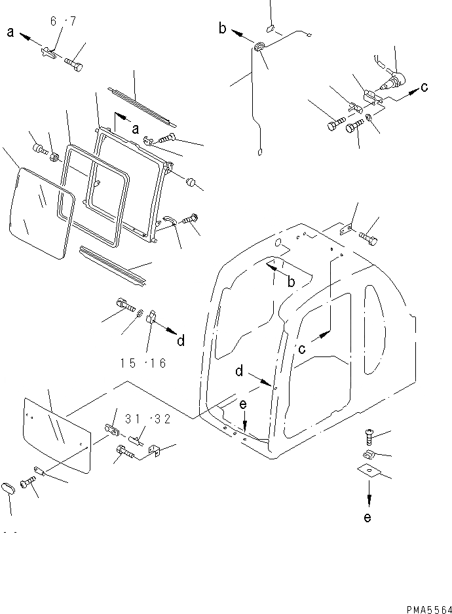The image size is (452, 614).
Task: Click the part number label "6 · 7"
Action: click(63, 21)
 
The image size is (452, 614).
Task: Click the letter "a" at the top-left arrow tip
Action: click(10, 31)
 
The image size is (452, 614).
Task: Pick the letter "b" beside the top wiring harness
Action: click(223, 28)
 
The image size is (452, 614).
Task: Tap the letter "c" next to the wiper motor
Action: click(425, 86)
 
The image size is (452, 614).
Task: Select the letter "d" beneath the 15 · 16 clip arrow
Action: click(181, 340)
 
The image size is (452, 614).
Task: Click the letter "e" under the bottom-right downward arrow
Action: click(367, 518)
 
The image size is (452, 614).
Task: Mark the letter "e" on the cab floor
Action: click(242, 406)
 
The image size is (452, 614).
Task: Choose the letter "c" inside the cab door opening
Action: click(302, 348)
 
